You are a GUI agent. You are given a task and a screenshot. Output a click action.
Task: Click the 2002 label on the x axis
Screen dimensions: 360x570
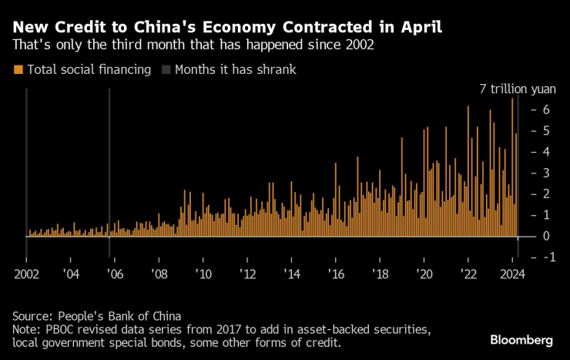pyautogui.click(x=26, y=273)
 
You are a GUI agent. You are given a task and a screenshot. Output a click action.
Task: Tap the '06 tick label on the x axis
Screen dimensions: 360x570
pyautogui.click(x=115, y=273)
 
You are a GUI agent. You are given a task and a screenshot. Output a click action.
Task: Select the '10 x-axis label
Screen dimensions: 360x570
pyautogui.click(x=203, y=273)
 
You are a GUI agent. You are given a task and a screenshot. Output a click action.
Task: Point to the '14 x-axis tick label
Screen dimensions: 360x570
pyautogui.click(x=292, y=273)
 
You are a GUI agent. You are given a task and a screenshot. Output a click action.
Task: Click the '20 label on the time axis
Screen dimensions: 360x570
pyautogui.click(x=424, y=273)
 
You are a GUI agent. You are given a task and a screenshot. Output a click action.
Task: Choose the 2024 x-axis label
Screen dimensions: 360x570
pyautogui.click(x=512, y=273)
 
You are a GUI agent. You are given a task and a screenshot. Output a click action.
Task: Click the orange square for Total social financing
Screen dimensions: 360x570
pyautogui.click(x=18, y=69)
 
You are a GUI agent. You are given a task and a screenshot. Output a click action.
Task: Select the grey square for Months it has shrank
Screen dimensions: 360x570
pyautogui.click(x=166, y=69)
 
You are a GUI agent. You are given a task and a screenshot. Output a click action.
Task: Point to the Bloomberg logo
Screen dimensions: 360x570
pyautogui.click(x=521, y=340)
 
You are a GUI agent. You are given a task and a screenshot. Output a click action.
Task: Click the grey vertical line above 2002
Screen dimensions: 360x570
pyautogui.click(x=26, y=162)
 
